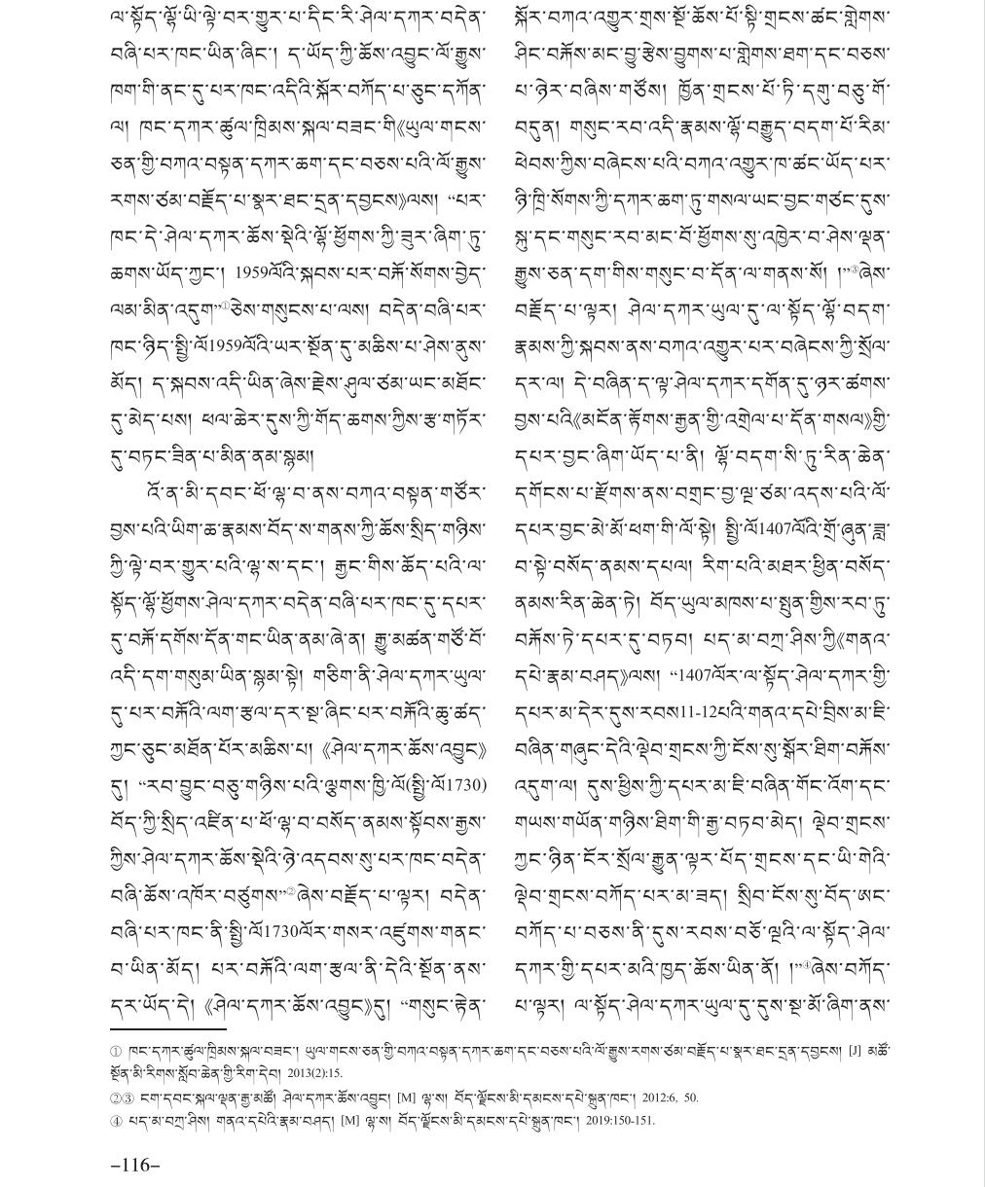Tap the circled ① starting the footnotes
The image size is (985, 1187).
pyautogui.click(x=116, y=1051)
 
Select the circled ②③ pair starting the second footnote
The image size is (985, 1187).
pyautogui.click(x=122, y=1097)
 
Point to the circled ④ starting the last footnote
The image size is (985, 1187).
pyautogui.click(x=116, y=1120)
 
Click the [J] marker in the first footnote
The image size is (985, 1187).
pyautogui.click(x=855, y=1051)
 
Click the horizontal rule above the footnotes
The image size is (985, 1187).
pyautogui.click(x=167, y=1028)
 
